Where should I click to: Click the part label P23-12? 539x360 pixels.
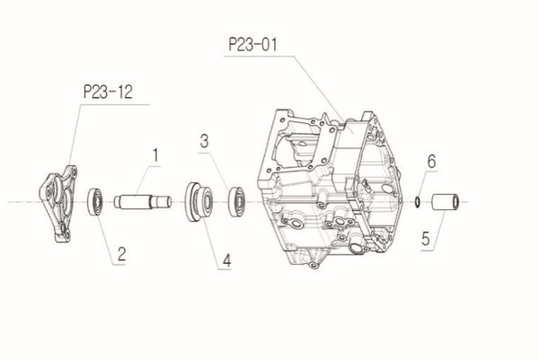107,91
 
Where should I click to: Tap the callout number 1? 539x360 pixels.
155,154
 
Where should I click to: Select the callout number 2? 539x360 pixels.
119,255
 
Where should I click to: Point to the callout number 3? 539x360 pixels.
205,141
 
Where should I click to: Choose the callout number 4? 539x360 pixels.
227,260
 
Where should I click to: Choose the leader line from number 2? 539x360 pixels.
106,233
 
